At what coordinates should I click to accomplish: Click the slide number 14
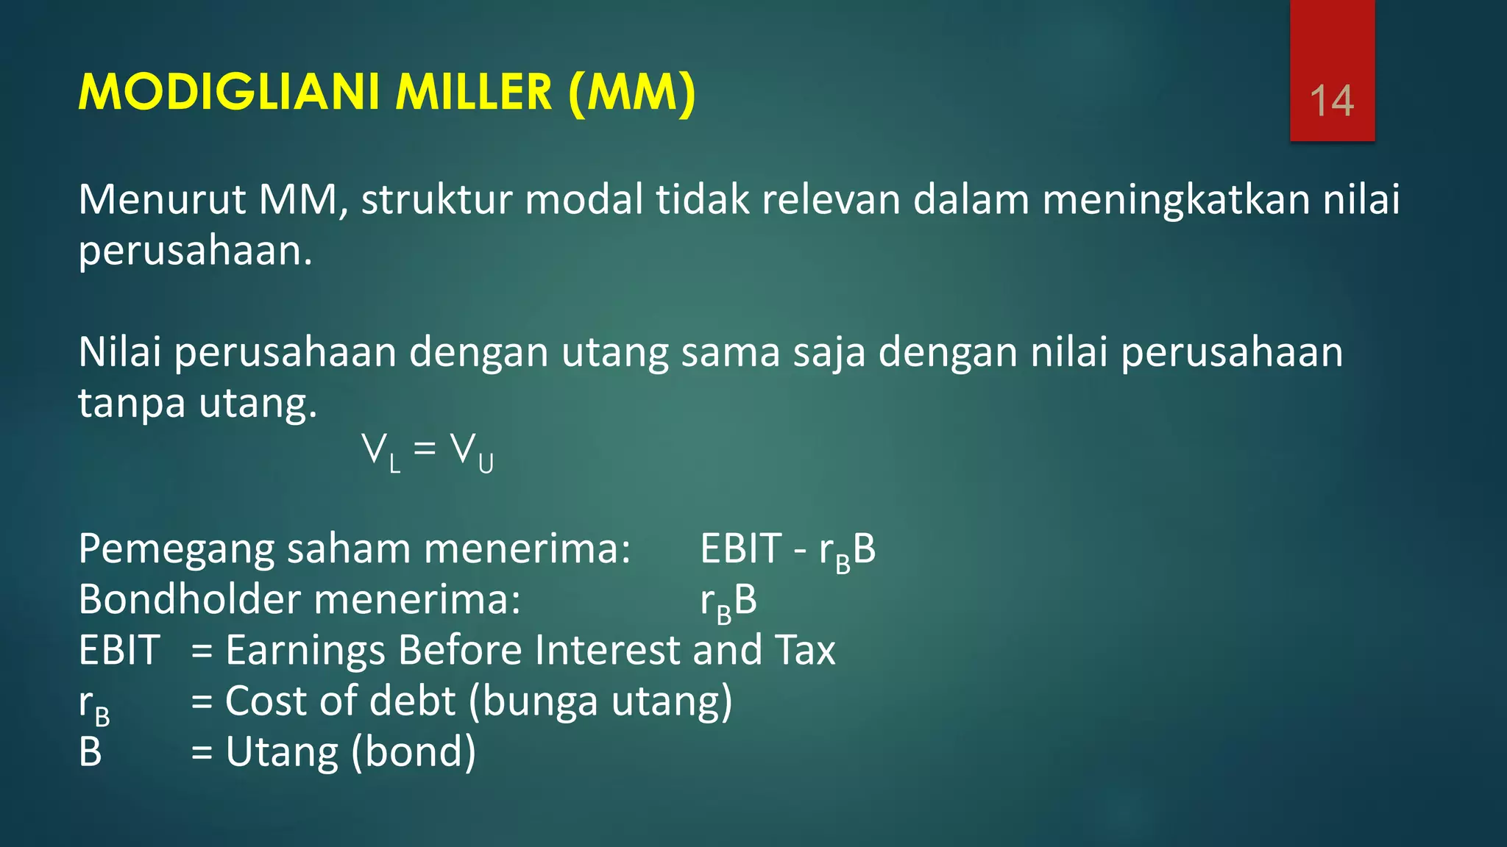[1332, 101]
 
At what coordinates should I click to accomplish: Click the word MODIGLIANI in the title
[229, 93]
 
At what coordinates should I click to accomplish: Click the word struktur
[436, 200]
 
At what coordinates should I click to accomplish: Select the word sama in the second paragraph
[730, 352]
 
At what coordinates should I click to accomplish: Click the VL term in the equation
[381, 452]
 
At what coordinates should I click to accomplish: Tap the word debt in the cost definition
[412, 701]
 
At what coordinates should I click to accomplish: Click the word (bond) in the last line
[413, 752]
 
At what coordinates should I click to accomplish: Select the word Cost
[266, 701]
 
